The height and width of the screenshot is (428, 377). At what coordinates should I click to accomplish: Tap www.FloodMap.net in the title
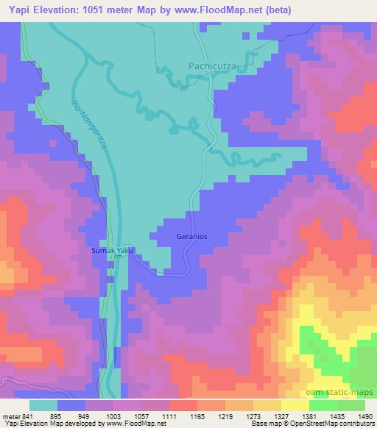click(224, 10)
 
